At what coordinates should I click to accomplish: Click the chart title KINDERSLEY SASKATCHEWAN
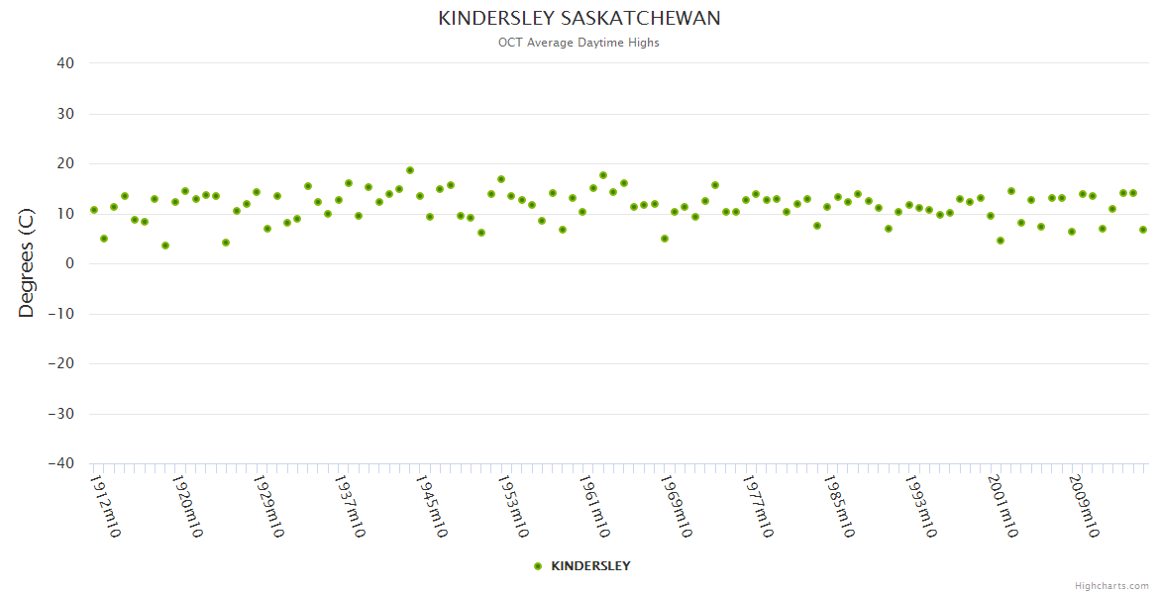pos(579,19)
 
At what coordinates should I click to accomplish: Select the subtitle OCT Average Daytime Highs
pos(579,43)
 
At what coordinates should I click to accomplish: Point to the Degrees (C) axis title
pos(27,263)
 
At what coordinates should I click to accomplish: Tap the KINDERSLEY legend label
pos(590,566)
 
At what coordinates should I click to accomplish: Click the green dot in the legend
pos(538,566)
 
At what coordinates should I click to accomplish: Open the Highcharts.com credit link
pos(1111,586)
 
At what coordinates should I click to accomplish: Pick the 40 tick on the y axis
pos(65,63)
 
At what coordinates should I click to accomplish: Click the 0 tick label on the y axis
pos(69,263)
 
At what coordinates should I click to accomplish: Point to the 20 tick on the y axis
pos(65,163)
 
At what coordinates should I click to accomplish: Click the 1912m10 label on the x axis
pos(105,506)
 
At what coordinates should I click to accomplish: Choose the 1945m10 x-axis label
pos(431,506)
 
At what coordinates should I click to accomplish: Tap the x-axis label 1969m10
pos(676,506)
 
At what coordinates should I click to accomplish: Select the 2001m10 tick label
pos(1002,506)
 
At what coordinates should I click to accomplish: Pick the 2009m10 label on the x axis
pos(1084,506)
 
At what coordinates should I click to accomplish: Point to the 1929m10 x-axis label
pos(268,506)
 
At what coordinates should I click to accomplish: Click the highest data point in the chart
pos(409,170)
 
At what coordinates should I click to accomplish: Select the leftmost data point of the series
pos(94,210)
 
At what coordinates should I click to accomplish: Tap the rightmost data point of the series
pos(1143,230)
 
